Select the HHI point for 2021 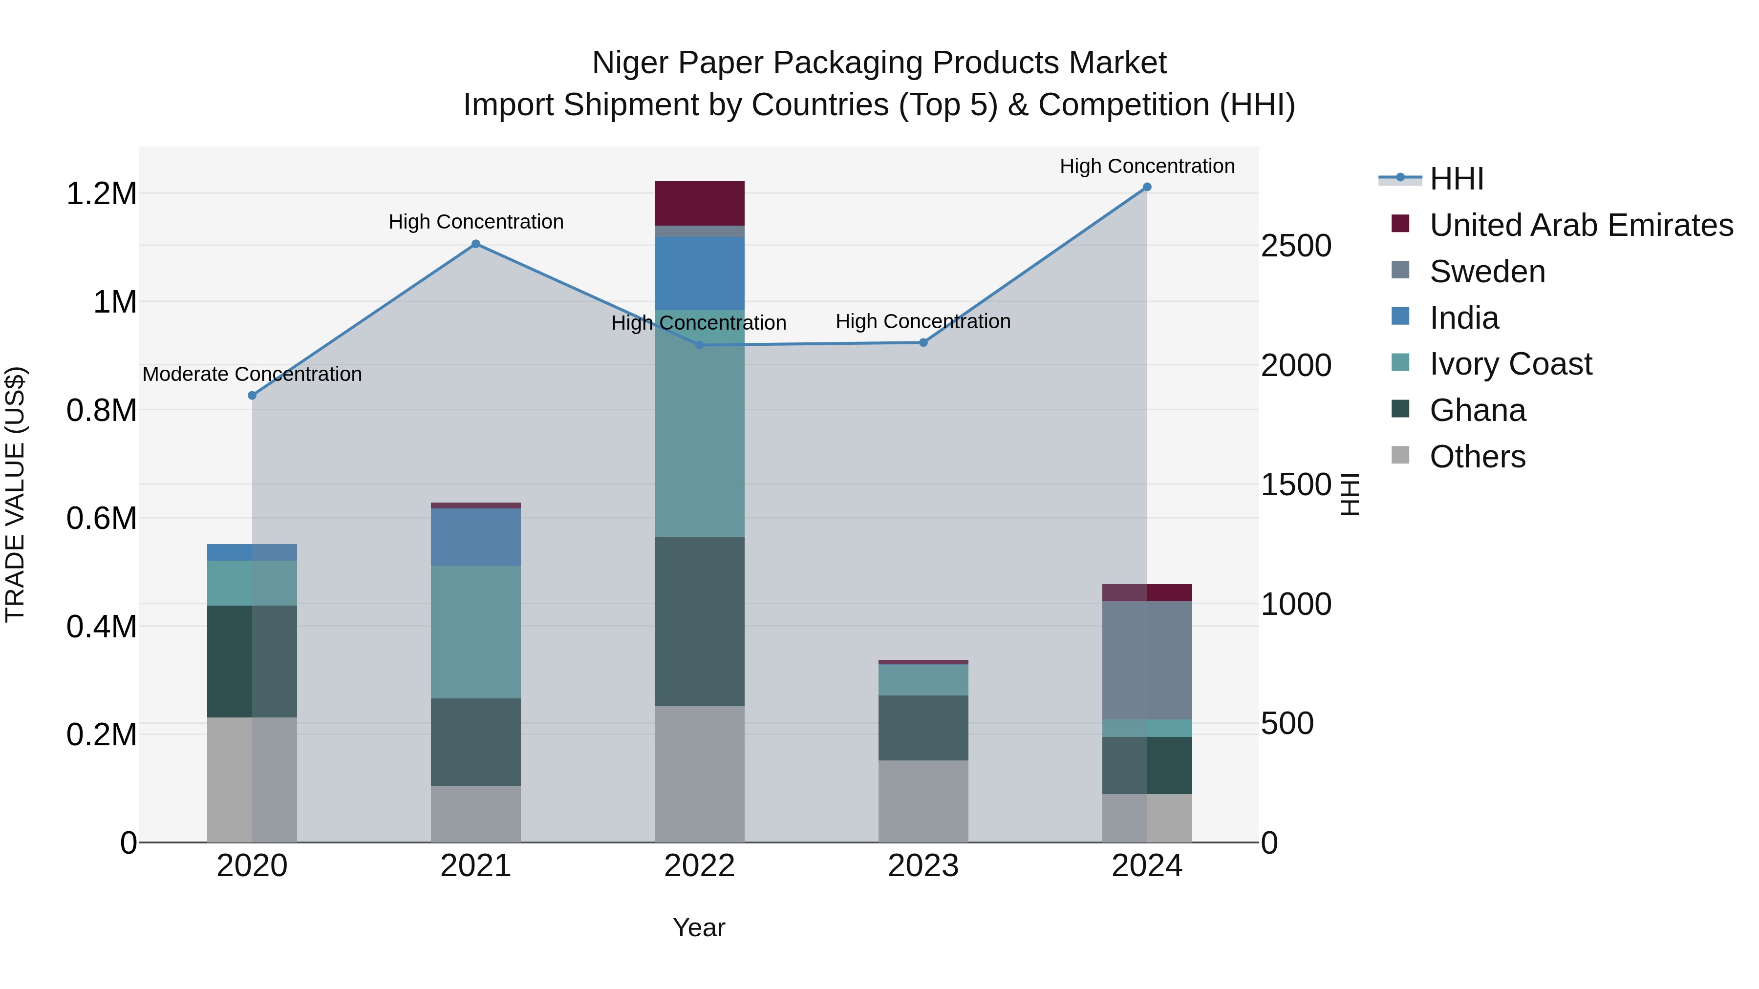[476, 244]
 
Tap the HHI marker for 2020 [252, 395]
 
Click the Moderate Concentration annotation [252, 374]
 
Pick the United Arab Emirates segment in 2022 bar [699, 203]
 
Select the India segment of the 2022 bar [699, 273]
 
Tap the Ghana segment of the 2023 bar [922, 728]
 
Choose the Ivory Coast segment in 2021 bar [476, 632]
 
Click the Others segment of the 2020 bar [252, 779]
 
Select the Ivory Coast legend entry [1510, 364]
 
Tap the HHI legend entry [1456, 179]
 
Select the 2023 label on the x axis [922, 866]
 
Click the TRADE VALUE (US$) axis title [15, 494]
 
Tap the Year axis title [699, 927]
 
